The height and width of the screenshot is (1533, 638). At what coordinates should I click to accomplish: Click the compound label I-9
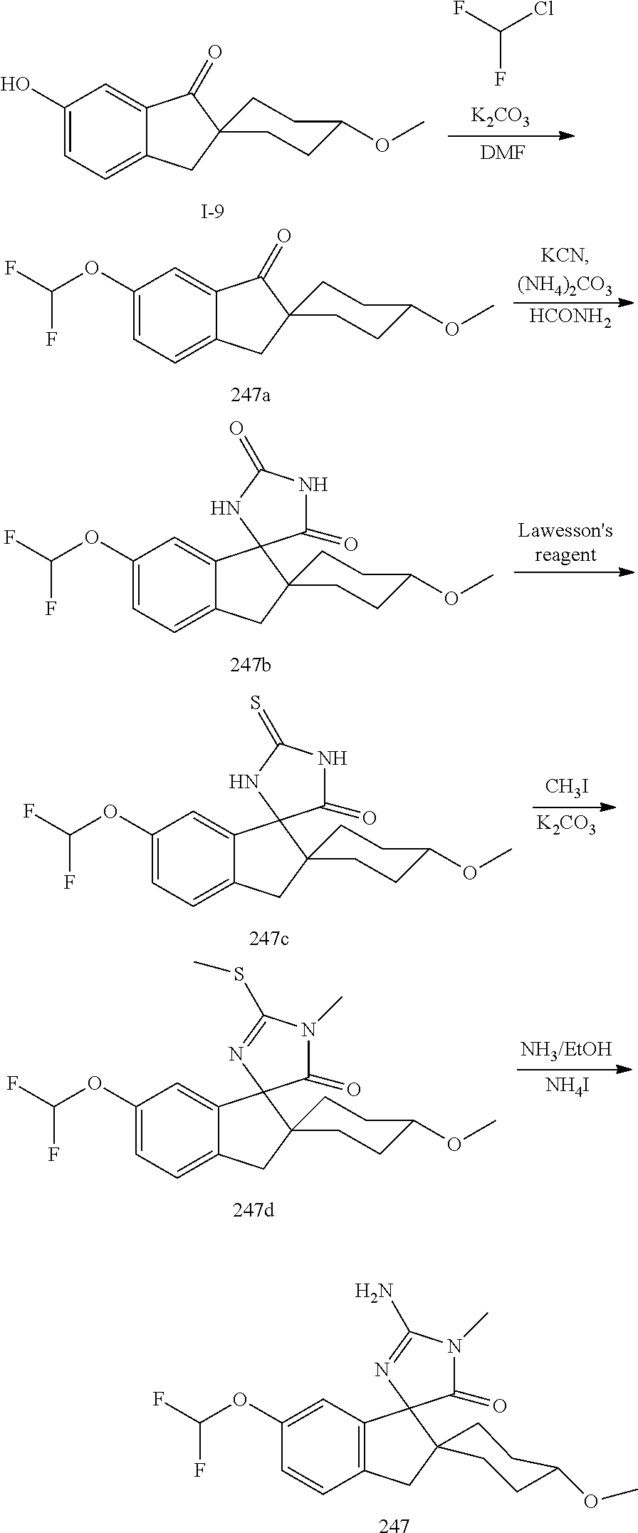(x=212, y=212)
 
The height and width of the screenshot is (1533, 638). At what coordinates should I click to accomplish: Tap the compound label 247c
(x=268, y=939)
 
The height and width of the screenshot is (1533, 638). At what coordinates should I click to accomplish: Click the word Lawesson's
(x=565, y=531)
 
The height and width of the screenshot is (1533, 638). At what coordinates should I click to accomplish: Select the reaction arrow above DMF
(x=510, y=135)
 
